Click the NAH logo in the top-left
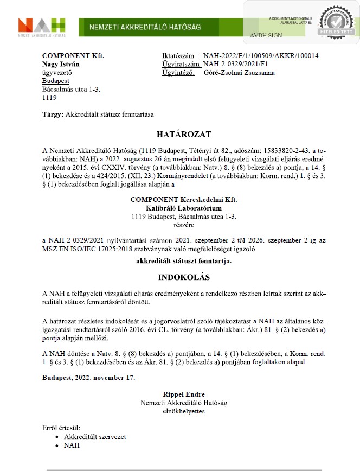pos(42,26)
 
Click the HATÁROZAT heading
pos(183,134)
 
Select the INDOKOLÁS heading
pos(183,277)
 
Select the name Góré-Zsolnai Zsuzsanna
pos(239,72)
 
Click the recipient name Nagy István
pos(61,64)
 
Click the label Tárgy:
pos(52,114)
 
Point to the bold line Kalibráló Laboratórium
pos(184,208)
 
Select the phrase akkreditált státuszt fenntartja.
pos(183,261)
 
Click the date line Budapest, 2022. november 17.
pos(88,377)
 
